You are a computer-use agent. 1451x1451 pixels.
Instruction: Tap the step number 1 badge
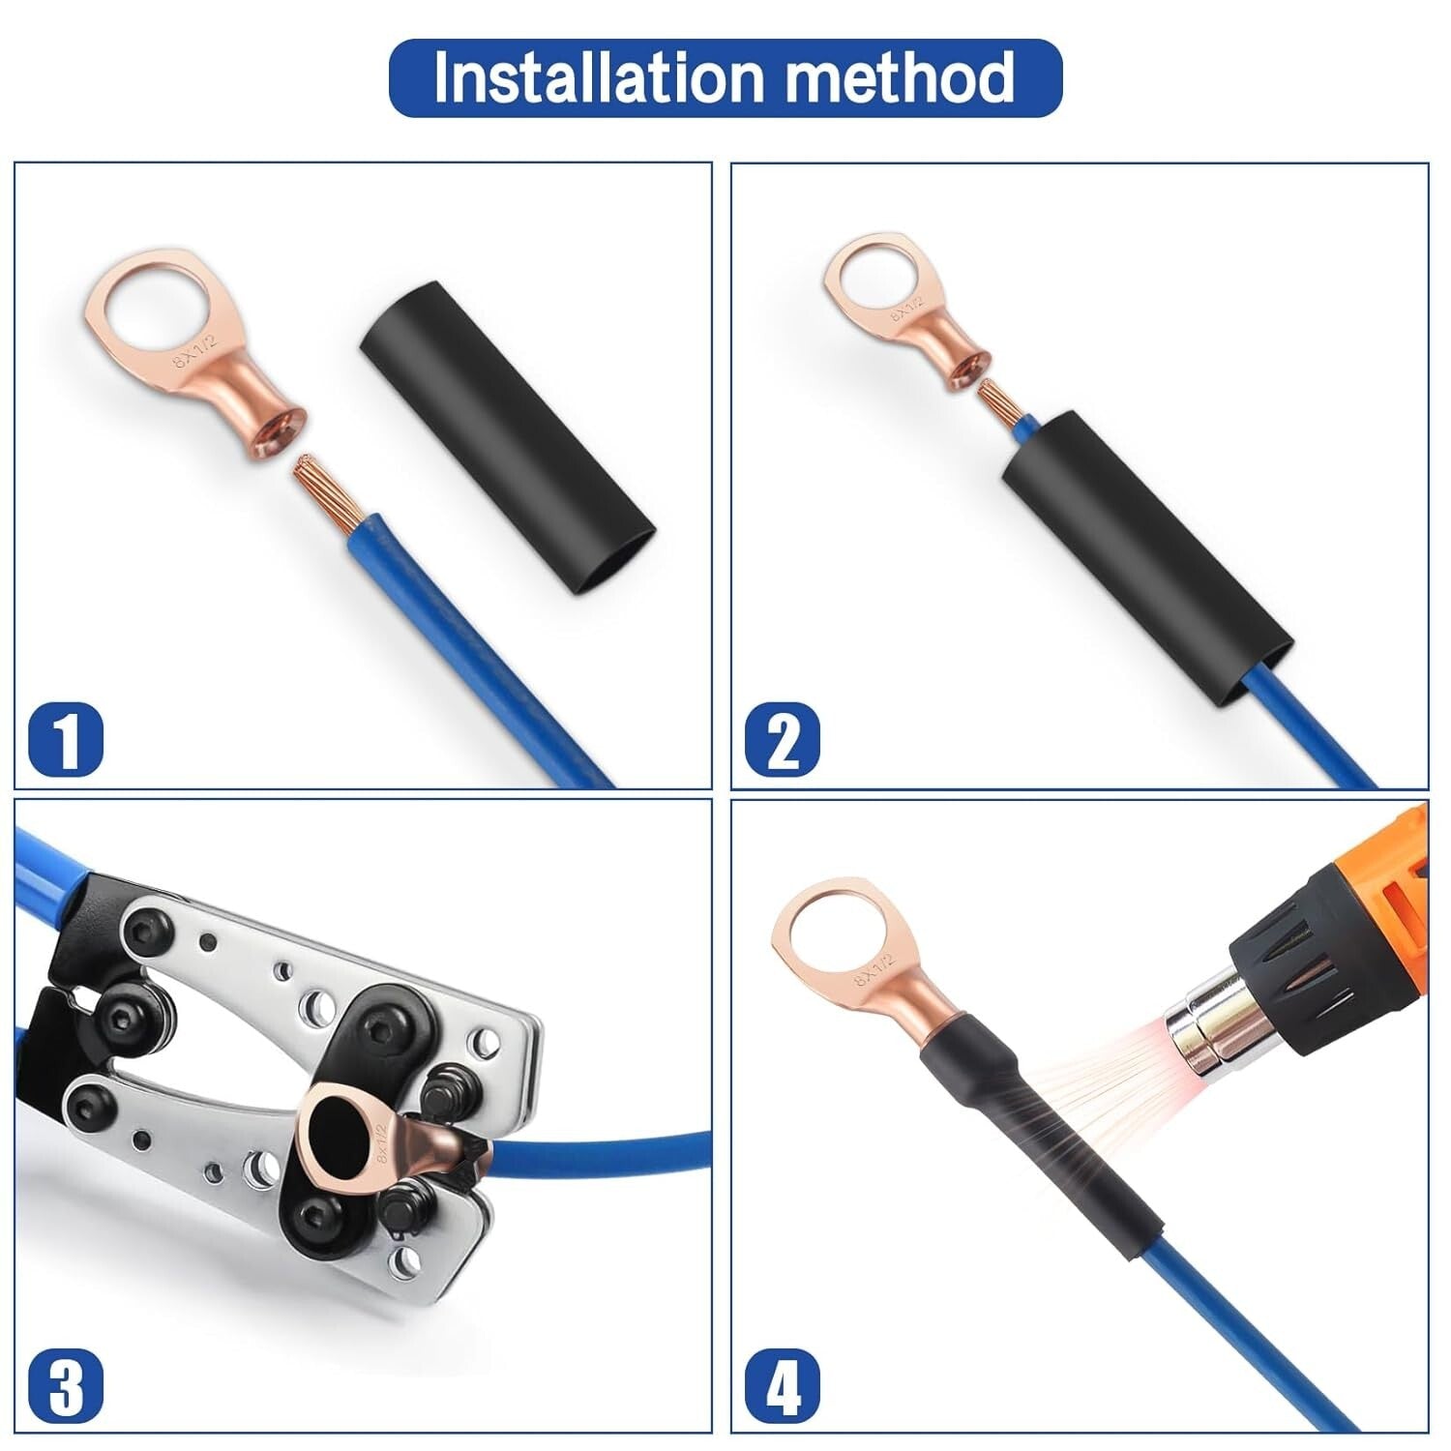click(66, 739)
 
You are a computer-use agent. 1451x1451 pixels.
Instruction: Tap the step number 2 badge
click(782, 739)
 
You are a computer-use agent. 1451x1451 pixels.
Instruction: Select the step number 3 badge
click(66, 1385)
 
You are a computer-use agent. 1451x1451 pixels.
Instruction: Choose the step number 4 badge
click(782, 1385)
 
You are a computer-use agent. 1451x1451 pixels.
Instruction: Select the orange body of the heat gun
click(1393, 871)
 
